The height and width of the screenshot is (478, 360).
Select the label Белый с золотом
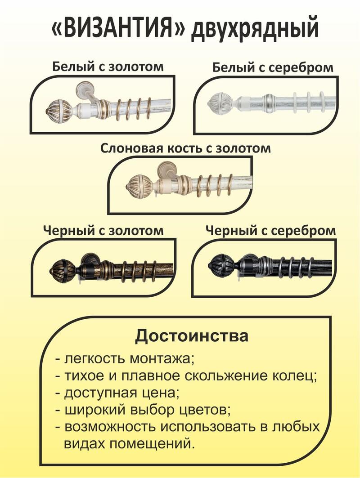coord(108,67)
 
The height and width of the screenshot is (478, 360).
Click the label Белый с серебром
coord(273,67)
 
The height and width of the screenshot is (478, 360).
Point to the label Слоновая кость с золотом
coord(185,149)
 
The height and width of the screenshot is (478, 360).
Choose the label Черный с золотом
coord(103,231)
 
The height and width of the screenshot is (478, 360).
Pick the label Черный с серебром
coord(270,231)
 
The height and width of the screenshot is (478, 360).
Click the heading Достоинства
coord(192,336)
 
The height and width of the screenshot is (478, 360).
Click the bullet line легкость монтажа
coord(125,359)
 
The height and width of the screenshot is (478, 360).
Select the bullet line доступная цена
coord(117,393)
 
